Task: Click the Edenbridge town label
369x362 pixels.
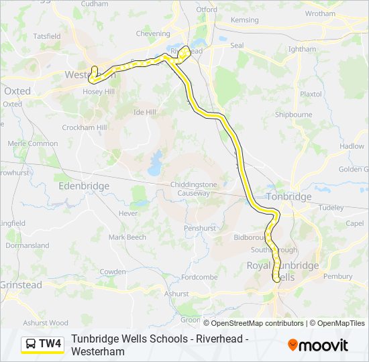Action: [x=84, y=186]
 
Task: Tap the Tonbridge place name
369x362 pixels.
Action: [x=289, y=196]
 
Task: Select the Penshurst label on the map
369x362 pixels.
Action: [x=199, y=228]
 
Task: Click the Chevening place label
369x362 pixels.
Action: [x=153, y=33]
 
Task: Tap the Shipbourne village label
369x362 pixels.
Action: [x=293, y=115]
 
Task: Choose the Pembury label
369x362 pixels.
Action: [x=337, y=276]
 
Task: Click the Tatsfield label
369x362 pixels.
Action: [x=46, y=36]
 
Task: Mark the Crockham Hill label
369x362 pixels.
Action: [x=84, y=127]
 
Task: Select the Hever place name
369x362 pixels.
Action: [x=127, y=213]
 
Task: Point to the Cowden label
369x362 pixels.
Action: [x=112, y=271]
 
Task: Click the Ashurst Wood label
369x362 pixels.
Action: [x=46, y=322]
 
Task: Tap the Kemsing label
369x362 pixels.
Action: [x=244, y=20]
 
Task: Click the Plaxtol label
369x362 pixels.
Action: [x=311, y=94]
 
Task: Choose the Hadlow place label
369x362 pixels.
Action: [x=352, y=146]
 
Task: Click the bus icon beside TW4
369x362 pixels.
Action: [x=31, y=345]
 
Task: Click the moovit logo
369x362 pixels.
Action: [x=318, y=345]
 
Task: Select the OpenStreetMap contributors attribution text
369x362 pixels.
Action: [x=257, y=323]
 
